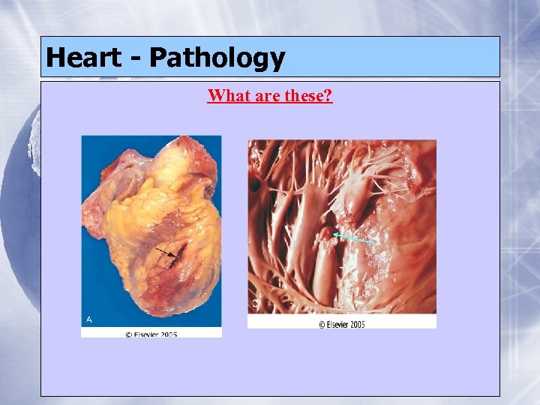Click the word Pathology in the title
[217, 58]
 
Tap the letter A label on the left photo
[89, 319]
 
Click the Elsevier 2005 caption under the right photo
[342, 324]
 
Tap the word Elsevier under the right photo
[340, 324]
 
